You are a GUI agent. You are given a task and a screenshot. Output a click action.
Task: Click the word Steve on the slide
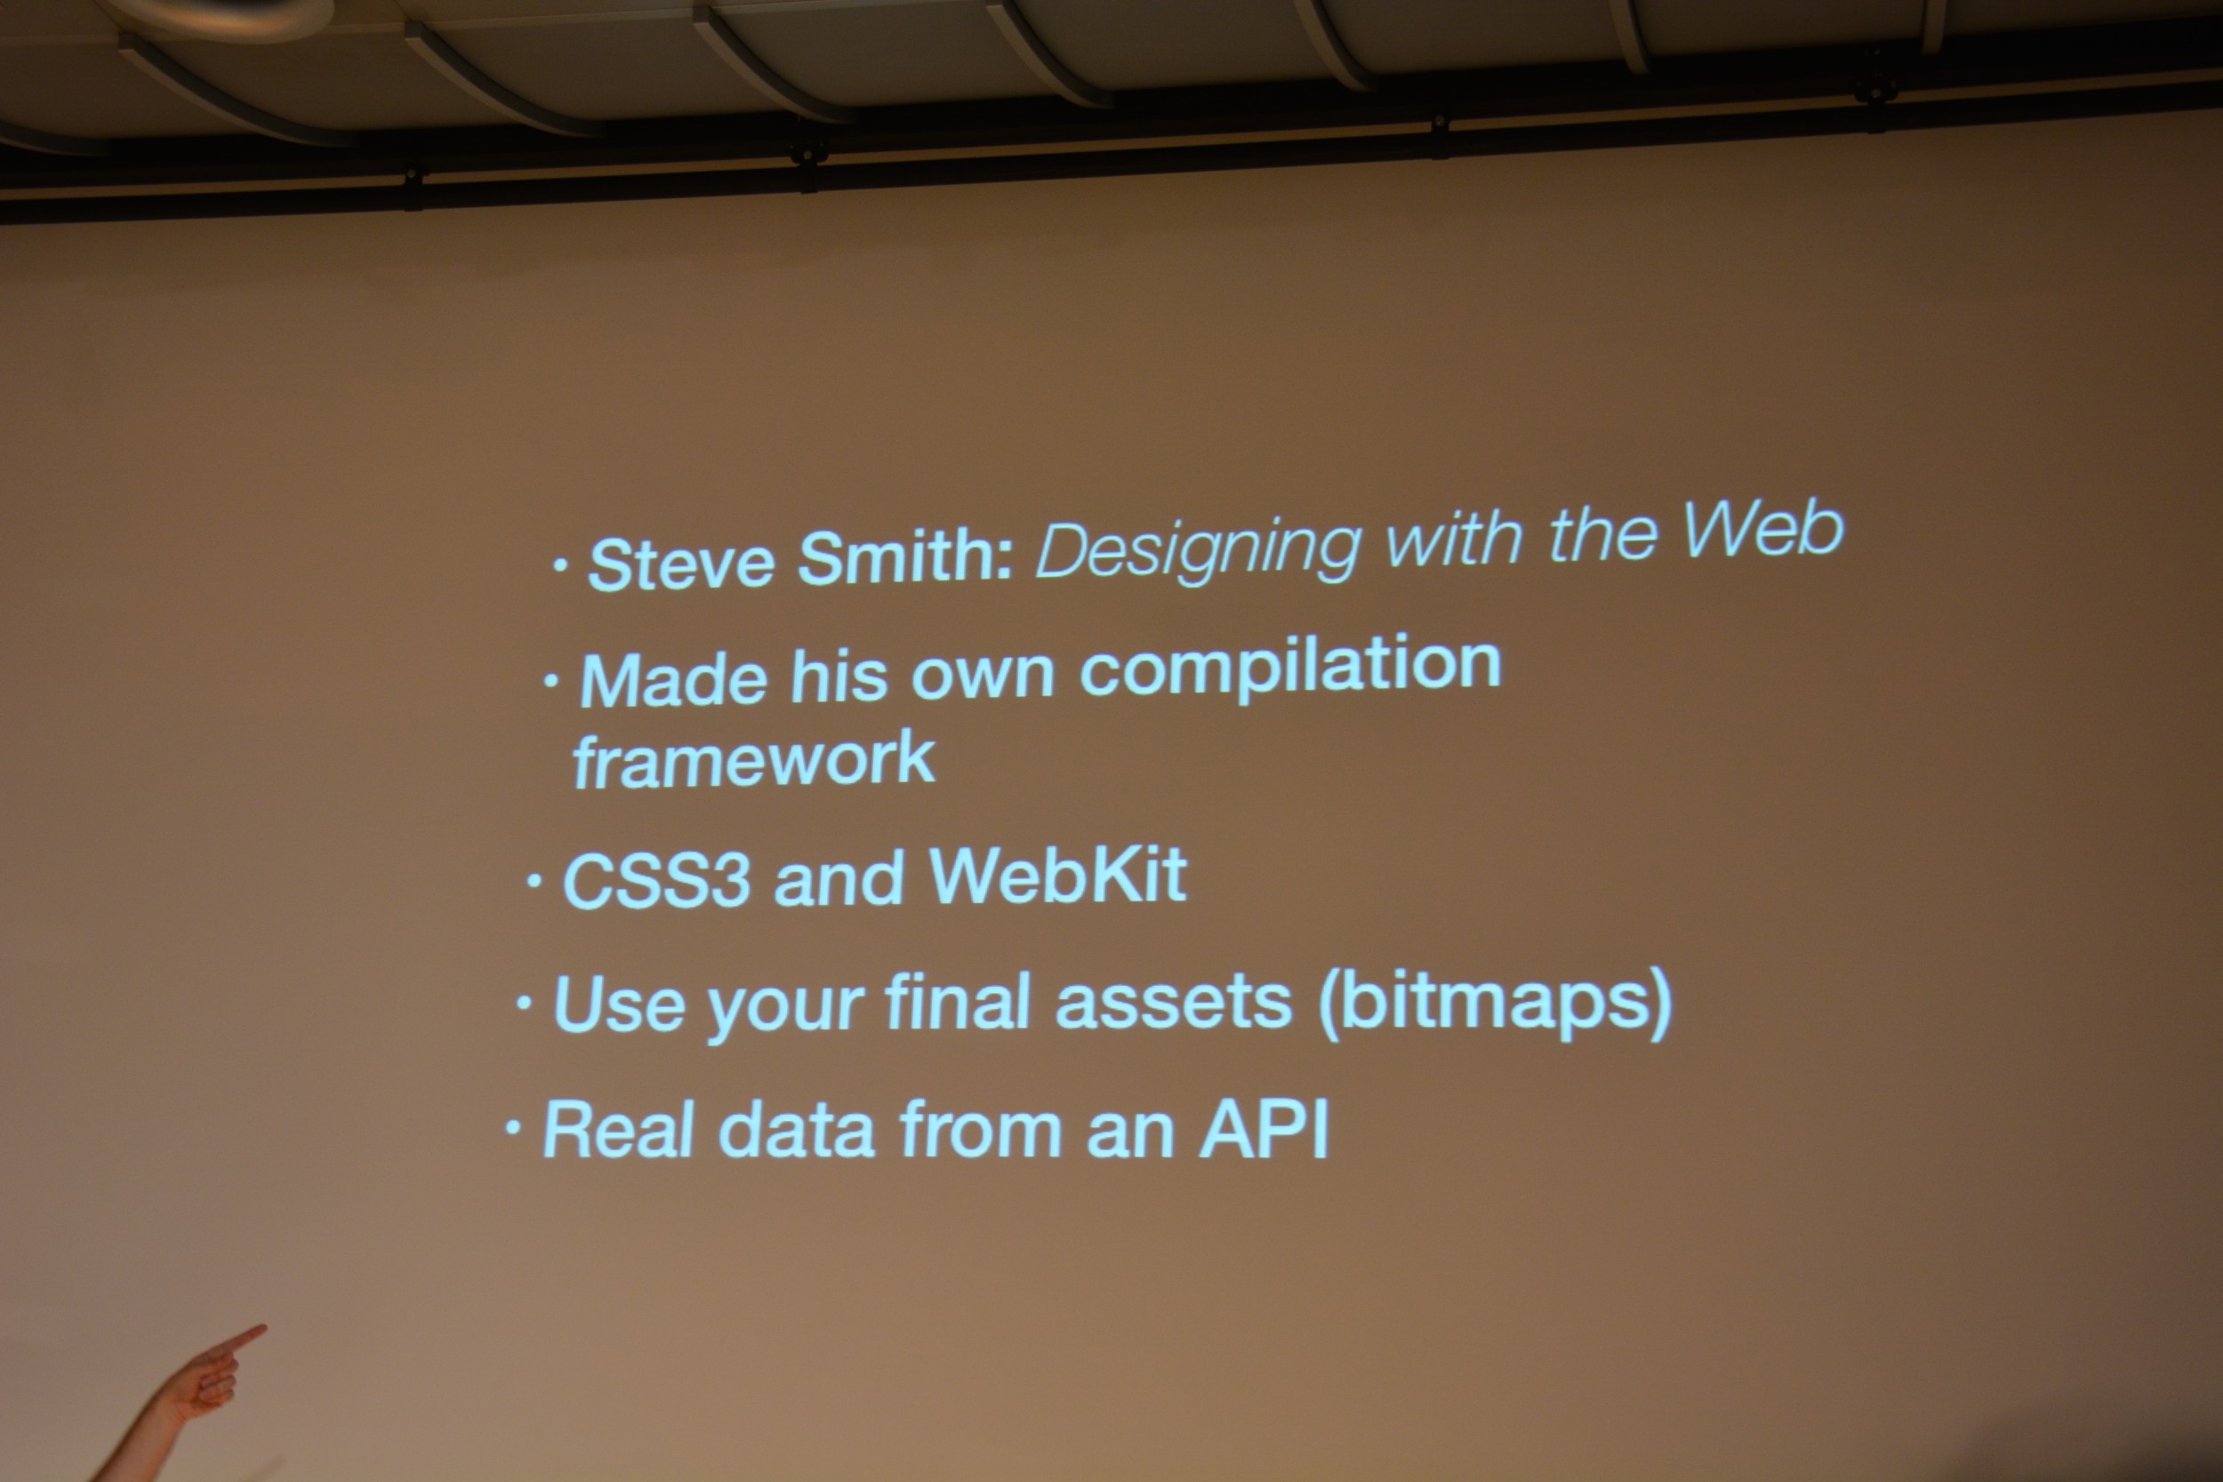(681, 564)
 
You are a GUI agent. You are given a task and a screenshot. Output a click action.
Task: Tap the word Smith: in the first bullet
(906, 557)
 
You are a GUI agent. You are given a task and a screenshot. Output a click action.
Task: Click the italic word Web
(1762, 529)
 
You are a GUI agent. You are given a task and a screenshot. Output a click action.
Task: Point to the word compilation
(1290, 669)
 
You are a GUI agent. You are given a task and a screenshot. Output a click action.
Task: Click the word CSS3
(657, 879)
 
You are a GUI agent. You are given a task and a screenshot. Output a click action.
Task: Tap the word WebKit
(1057, 874)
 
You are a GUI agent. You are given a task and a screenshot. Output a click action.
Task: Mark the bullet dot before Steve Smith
(560, 566)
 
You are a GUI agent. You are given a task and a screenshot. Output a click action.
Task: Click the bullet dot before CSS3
(534, 881)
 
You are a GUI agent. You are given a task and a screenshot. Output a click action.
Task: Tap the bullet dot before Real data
(513, 1126)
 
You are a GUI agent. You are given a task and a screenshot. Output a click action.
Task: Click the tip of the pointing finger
(264, 1329)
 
